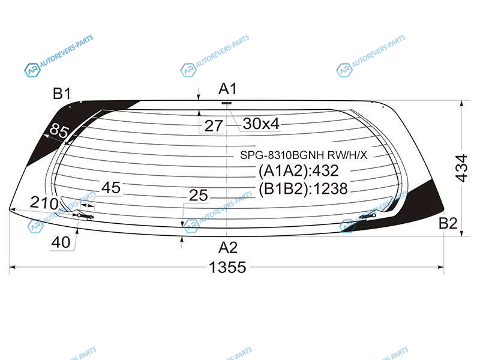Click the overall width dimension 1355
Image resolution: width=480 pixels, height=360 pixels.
click(x=227, y=267)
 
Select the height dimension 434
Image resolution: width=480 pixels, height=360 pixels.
click(x=461, y=168)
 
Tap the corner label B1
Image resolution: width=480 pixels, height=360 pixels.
click(x=62, y=94)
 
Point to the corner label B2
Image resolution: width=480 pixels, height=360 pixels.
click(x=448, y=223)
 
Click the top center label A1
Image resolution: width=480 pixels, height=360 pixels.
click(x=228, y=89)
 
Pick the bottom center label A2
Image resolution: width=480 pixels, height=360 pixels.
click(x=228, y=247)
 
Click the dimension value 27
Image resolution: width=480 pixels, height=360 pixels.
click(x=214, y=126)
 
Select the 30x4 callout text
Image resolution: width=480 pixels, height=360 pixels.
click(x=261, y=124)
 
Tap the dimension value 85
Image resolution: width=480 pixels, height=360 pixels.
click(x=58, y=131)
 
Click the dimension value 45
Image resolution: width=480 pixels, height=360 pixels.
click(x=111, y=187)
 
